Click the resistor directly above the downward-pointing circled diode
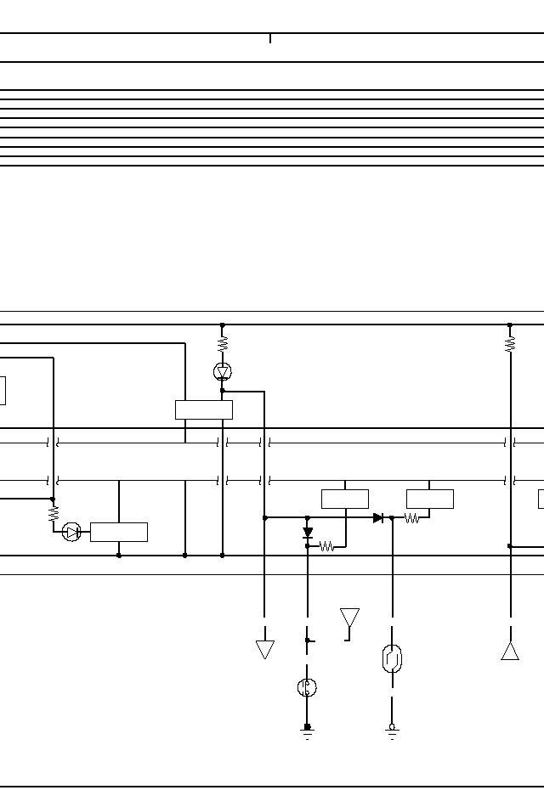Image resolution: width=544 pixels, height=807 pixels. coord(223,344)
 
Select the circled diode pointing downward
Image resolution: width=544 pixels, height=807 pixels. coord(223,372)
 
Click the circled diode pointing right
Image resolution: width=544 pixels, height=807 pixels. coord(71,532)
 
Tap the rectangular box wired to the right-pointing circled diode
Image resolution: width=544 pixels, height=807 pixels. coord(119,532)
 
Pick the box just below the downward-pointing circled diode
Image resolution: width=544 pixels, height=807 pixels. coord(204,409)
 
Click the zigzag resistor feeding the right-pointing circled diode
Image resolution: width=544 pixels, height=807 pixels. coord(54,514)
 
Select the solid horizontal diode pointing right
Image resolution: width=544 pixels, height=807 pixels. coord(378,517)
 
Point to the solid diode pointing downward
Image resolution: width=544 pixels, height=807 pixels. coord(308,533)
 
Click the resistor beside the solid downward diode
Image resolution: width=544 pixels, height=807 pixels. coord(327,547)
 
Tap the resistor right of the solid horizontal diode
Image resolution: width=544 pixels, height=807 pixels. coord(412,517)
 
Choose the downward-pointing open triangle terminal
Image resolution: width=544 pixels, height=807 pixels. coord(265,650)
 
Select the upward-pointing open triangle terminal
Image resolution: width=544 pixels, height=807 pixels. coord(510,651)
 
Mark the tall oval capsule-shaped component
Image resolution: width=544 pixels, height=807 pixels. coord(392,658)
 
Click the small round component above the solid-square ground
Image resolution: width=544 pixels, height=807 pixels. coord(308,687)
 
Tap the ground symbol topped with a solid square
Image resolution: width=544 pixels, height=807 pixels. coord(308,731)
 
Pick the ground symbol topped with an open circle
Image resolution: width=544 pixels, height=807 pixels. coord(392,731)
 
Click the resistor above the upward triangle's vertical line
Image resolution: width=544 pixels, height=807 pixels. coord(510,344)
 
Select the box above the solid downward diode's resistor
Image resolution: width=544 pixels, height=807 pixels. coord(345,499)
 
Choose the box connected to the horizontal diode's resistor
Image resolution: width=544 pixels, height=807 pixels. coord(430,499)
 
